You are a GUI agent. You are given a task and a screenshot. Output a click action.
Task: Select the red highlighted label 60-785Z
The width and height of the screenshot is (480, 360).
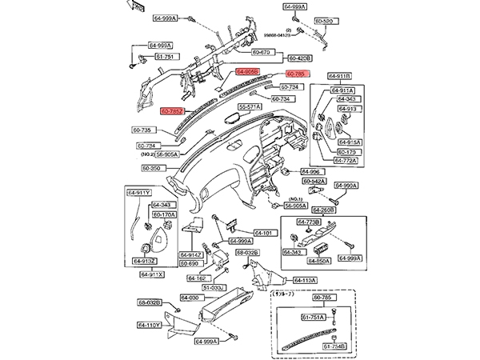click(x=173, y=111)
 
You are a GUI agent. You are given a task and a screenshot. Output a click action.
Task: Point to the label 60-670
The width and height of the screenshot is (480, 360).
click(x=263, y=51)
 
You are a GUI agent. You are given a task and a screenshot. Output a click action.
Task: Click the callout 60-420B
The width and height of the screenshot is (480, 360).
click(x=299, y=58)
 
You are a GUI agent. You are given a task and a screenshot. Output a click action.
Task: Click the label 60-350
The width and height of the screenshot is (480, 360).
click(x=152, y=169)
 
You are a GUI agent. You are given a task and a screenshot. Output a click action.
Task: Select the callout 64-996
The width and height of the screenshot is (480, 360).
click(x=310, y=172)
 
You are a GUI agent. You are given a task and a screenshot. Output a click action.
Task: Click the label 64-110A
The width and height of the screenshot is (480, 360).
click(x=305, y=280)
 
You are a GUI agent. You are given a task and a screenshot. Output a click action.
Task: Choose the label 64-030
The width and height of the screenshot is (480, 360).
click(x=190, y=298)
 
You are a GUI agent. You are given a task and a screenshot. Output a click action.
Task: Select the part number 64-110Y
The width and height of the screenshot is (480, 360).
click(x=150, y=326)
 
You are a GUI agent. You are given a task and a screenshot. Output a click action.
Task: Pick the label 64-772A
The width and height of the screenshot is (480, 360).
click(x=346, y=159)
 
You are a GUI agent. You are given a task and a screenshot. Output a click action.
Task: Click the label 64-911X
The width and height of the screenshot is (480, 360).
click(x=152, y=274)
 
